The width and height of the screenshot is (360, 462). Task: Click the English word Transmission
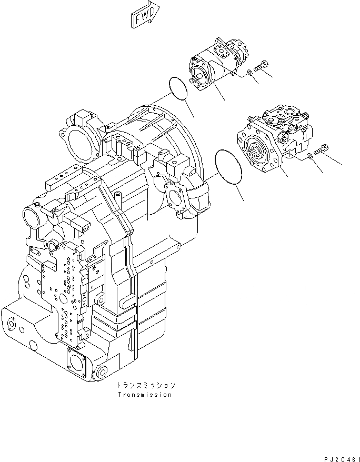pos(145,394)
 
